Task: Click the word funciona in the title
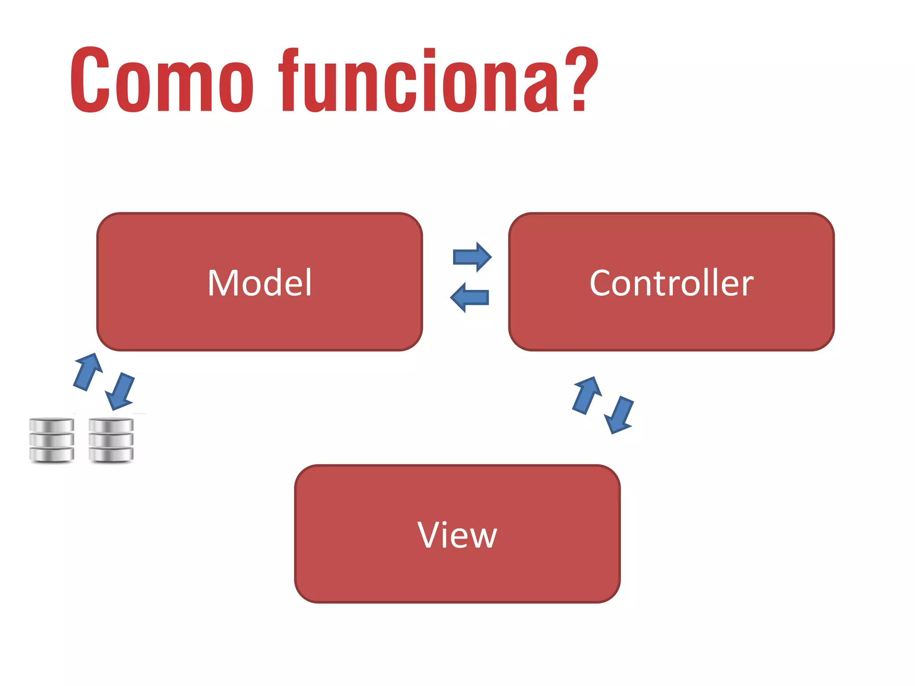[418, 80]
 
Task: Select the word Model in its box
[260, 283]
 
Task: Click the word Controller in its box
[672, 283]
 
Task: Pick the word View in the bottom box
[457, 535]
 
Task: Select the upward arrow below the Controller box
[587, 394]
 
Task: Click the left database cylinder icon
[51, 440]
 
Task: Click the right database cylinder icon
[111, 440]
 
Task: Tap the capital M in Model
[224, 283]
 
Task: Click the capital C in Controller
[601, 283]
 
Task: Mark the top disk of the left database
[51, 425]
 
